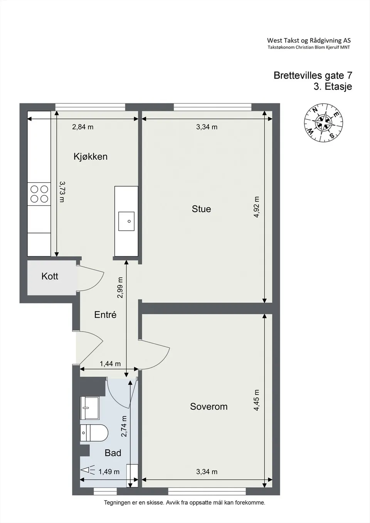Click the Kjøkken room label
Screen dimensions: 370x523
[x=91, y=157]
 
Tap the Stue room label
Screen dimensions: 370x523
[x=201, y=209]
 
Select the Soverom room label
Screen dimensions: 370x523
[x=209, y=406]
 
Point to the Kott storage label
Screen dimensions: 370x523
[x=50, y=276]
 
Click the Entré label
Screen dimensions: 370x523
[x=105, y=315]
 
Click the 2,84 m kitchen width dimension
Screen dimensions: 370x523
[x=83, y=127]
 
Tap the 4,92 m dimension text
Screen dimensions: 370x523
[x=256, y=207]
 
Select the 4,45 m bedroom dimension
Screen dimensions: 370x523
[x=256, y=400]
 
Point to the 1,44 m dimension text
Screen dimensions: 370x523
[x=110, y=364]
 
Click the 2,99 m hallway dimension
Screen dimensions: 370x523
[x=120, y=287]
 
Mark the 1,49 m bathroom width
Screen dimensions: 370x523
[x=109, y=472]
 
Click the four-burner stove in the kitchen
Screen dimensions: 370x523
[x=39, y=194]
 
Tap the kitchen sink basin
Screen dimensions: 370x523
[x=126, y=221]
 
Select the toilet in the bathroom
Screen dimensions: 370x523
[x=94, y=432]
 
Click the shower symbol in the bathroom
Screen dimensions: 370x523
[x=88, y=470]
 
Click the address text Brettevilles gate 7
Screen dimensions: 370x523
[x=313, y=75]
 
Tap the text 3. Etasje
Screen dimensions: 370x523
[x=333, y=86]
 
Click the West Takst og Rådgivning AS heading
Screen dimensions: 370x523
[x=309, y=40]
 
